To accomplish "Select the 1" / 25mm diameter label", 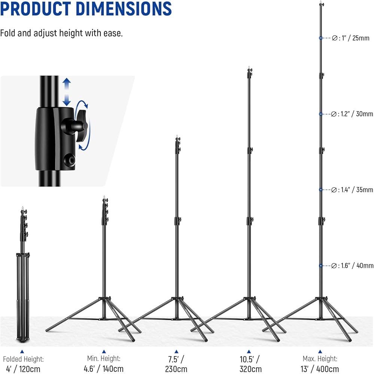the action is pyautogui.click(x=350, y=38).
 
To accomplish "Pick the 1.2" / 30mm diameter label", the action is pyautogui.click(x=352, y=114).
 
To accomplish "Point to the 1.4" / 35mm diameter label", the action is pyautogui.click(x=352, y=190).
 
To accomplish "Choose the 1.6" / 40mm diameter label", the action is pyautogui.click(x=352, y=266).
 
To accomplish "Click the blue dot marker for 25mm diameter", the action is pyautogui.click(x=321, y=38).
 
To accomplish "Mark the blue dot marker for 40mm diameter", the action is pyautogui.click(x=321, y=266).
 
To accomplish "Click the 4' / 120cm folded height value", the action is pyautogui.click(x=23, y=369).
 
